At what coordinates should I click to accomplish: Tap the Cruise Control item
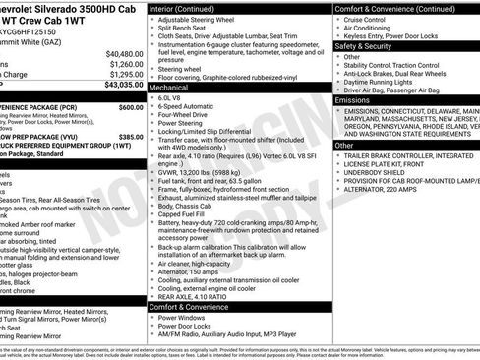pos(372,20)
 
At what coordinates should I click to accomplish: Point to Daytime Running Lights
pos(385,80)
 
